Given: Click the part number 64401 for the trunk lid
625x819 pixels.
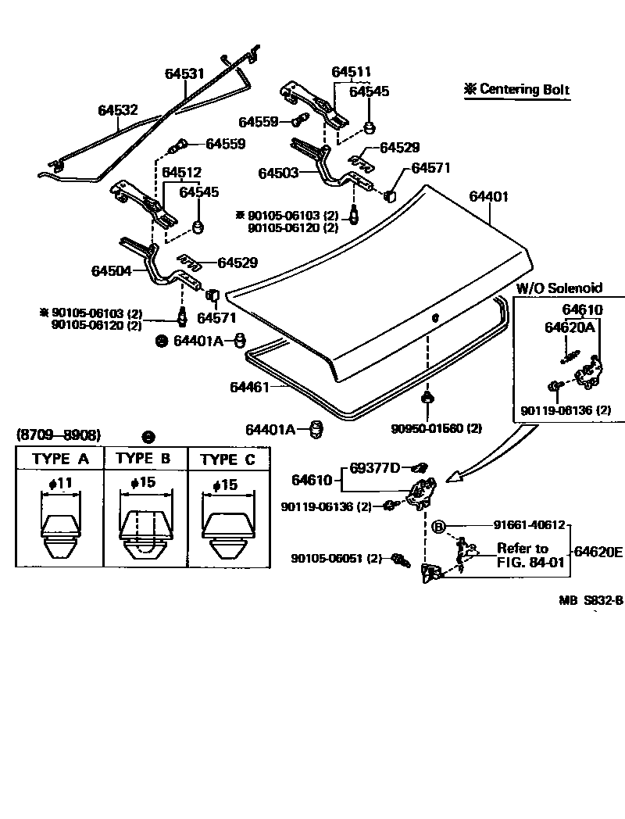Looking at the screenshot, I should click(489, 196).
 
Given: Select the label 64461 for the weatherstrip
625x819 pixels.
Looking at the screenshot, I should click(248, 387).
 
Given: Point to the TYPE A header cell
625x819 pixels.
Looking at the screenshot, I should click(60, 459).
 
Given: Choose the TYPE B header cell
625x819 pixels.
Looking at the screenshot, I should click(144, 459).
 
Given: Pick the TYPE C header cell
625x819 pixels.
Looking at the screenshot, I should click(227, 460).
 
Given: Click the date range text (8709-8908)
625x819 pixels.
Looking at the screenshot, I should click(59, 435).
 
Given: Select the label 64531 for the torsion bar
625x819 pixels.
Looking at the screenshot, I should click(184, 73).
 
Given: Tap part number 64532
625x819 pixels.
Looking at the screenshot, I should click(118, 110).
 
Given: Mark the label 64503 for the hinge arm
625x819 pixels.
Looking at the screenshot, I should click(278, 172).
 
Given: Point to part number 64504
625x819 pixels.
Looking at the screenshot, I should click(111, 270).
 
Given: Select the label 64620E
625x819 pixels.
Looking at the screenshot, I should click(598, 552).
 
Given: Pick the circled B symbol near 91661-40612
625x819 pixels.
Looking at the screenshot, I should click(439, 526).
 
